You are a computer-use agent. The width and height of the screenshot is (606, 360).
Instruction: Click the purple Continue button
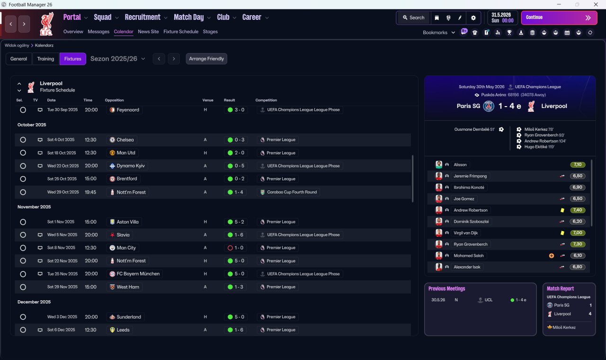tap(559, 18)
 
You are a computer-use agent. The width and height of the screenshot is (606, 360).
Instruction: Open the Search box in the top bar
tap(414, 18)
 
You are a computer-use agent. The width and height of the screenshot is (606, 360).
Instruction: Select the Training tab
tap(45, 59)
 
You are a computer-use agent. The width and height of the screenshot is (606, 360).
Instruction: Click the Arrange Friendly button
tap(206, 59)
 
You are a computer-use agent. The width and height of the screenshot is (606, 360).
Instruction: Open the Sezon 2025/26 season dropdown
tap(118, 59)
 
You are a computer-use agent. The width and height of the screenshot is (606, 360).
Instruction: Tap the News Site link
tap(148, 32)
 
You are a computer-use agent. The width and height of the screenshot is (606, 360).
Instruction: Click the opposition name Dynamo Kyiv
tap(131, 166)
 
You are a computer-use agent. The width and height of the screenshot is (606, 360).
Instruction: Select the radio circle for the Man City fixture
tap(23, 248)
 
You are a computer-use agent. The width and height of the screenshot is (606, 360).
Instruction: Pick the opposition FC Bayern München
tap(138, 274)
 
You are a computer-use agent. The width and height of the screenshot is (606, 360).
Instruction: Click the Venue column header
tap(208, 100)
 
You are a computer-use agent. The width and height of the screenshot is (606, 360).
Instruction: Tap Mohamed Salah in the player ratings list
tap(469, 256)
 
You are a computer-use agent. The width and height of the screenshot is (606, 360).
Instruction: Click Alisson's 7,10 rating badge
tap(578, 164)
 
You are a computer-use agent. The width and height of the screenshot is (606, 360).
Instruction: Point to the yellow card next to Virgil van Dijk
tap(562, 233)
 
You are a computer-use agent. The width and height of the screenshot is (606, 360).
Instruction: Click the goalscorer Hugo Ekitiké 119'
tap(539, 147)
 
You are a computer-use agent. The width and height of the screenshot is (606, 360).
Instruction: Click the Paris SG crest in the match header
tap(489, 106)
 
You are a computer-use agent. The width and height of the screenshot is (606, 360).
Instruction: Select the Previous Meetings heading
tap(446, 288)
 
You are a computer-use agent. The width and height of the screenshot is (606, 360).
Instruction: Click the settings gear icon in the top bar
tap(473, 18)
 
